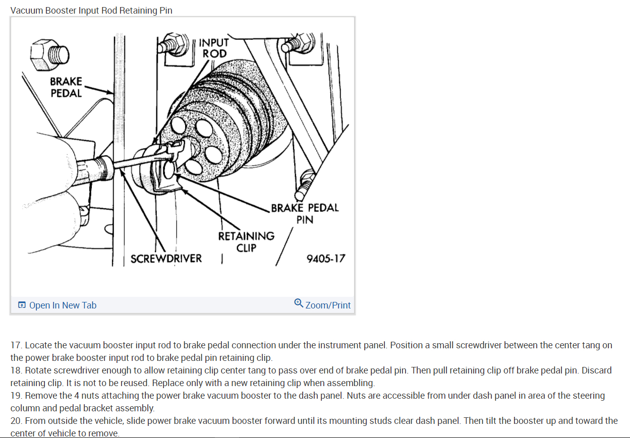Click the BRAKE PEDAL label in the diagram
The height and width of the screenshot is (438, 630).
coord(66,87)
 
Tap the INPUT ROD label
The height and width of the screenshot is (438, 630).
coord(214,48)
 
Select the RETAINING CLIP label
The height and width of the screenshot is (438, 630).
coord(246,241)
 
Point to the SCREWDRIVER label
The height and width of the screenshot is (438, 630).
coord(166,259)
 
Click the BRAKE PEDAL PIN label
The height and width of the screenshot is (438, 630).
coord(305,213)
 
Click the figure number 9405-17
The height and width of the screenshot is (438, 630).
coord(326,259)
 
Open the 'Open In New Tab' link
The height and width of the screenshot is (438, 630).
coord(63,305)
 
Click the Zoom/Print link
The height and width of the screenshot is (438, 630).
coord(328,305)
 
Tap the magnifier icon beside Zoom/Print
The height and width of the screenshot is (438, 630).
coord(299,303)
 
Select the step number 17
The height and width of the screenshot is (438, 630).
coord(16,345)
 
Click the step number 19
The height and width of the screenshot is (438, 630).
coord(16,396)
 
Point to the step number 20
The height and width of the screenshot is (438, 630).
coord(16,420)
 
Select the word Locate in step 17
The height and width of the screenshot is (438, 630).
coord(39,345)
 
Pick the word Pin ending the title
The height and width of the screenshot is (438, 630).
coord(165,11)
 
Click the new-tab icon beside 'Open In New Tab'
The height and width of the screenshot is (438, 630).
coord(22,305)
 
